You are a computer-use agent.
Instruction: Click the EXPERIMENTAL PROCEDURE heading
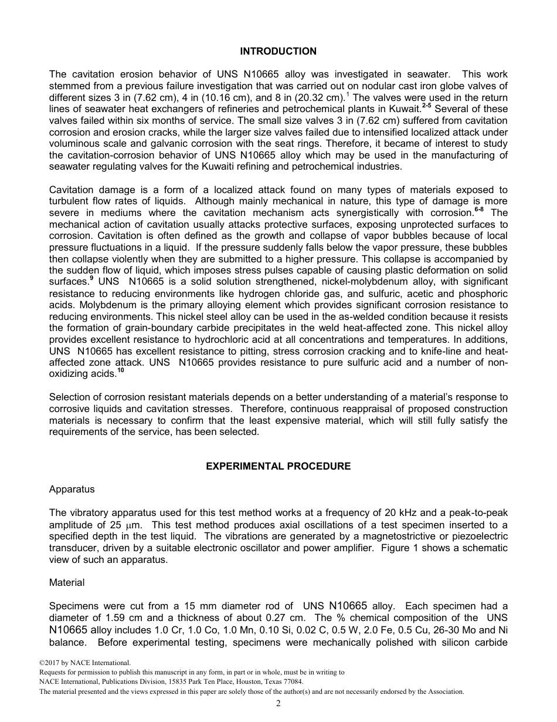(x=278, y=467)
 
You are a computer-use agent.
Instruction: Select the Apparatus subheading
(x=72, y=489)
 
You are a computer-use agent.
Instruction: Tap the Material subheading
(x=67, y=583)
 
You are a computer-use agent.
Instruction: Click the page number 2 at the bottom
(x=278, y=704)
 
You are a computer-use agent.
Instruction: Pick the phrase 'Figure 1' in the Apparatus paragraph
(x=398, y=548)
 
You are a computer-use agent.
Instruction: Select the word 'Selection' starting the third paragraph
(x=69, y=397)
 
